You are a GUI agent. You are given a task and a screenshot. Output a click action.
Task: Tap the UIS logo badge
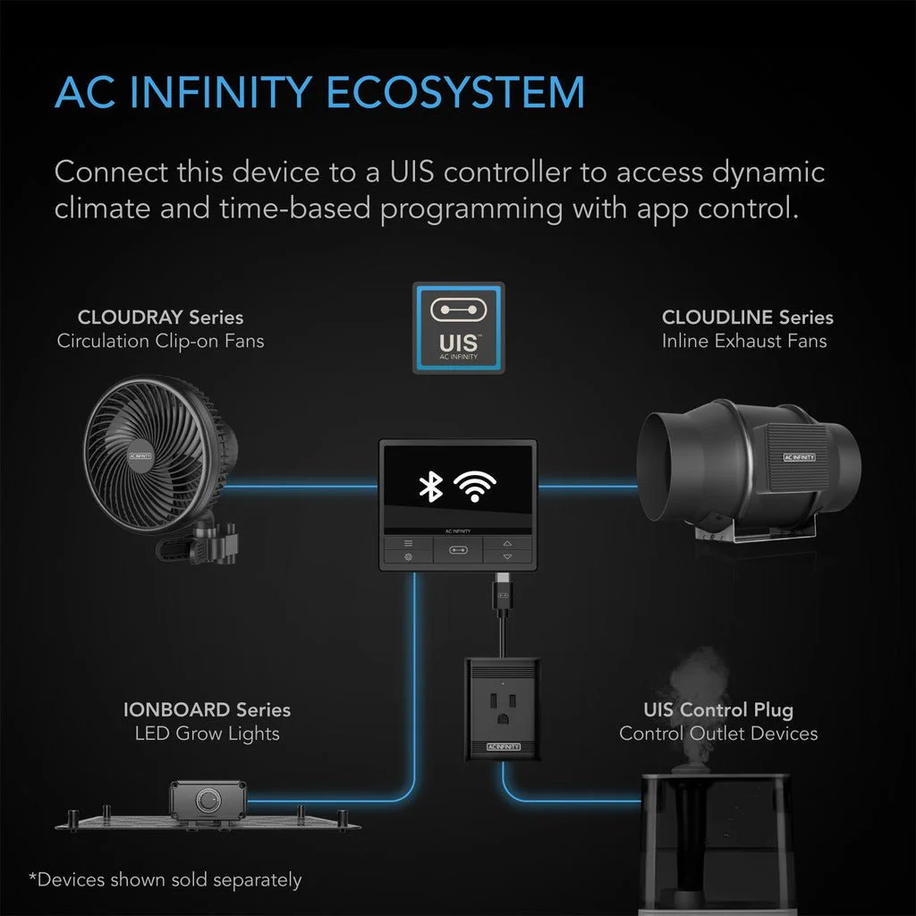click(458, 327)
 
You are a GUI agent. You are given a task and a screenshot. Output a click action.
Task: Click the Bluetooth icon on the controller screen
click(431, 486)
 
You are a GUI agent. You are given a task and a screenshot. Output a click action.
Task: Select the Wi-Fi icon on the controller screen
click(474, 486)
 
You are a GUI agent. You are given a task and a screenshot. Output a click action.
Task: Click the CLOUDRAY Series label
click(160, 318)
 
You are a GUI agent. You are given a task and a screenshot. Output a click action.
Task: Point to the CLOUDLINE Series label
click(747, 318)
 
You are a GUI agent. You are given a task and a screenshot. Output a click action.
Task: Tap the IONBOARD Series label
click(207, 710)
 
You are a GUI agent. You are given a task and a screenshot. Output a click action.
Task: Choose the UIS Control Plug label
click(717, 710)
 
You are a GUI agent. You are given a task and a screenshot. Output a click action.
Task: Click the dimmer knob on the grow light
click(210, 798)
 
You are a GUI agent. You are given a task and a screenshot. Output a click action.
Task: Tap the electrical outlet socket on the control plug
click(503, 698)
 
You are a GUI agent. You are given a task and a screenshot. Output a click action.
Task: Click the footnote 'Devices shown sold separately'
click(165, 880)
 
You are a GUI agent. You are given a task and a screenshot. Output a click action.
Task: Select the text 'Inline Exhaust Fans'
click(744, 341)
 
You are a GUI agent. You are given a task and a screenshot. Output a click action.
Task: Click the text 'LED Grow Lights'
click(207, 734)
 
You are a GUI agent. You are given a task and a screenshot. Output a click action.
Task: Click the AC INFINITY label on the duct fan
click(799, 456)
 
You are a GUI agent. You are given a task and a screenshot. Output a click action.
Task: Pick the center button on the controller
click(458, 551)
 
